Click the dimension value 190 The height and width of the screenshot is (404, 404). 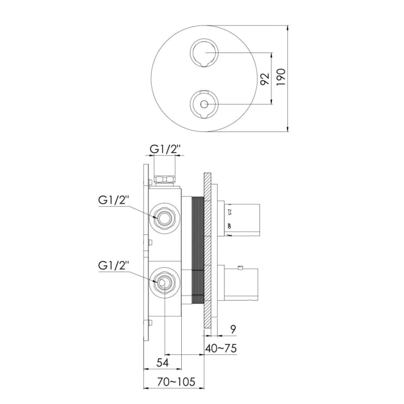click(x=281, y=77)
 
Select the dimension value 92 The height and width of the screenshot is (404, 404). click(x=264, y=78)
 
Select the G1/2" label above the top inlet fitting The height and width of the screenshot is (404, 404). click(x=165, y=149)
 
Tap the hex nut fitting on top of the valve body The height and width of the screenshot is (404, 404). click(x=165, y=178)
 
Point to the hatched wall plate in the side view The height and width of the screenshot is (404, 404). click(x=207, y=254)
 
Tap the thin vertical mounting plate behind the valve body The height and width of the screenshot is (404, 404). click(x=145, y=254)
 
